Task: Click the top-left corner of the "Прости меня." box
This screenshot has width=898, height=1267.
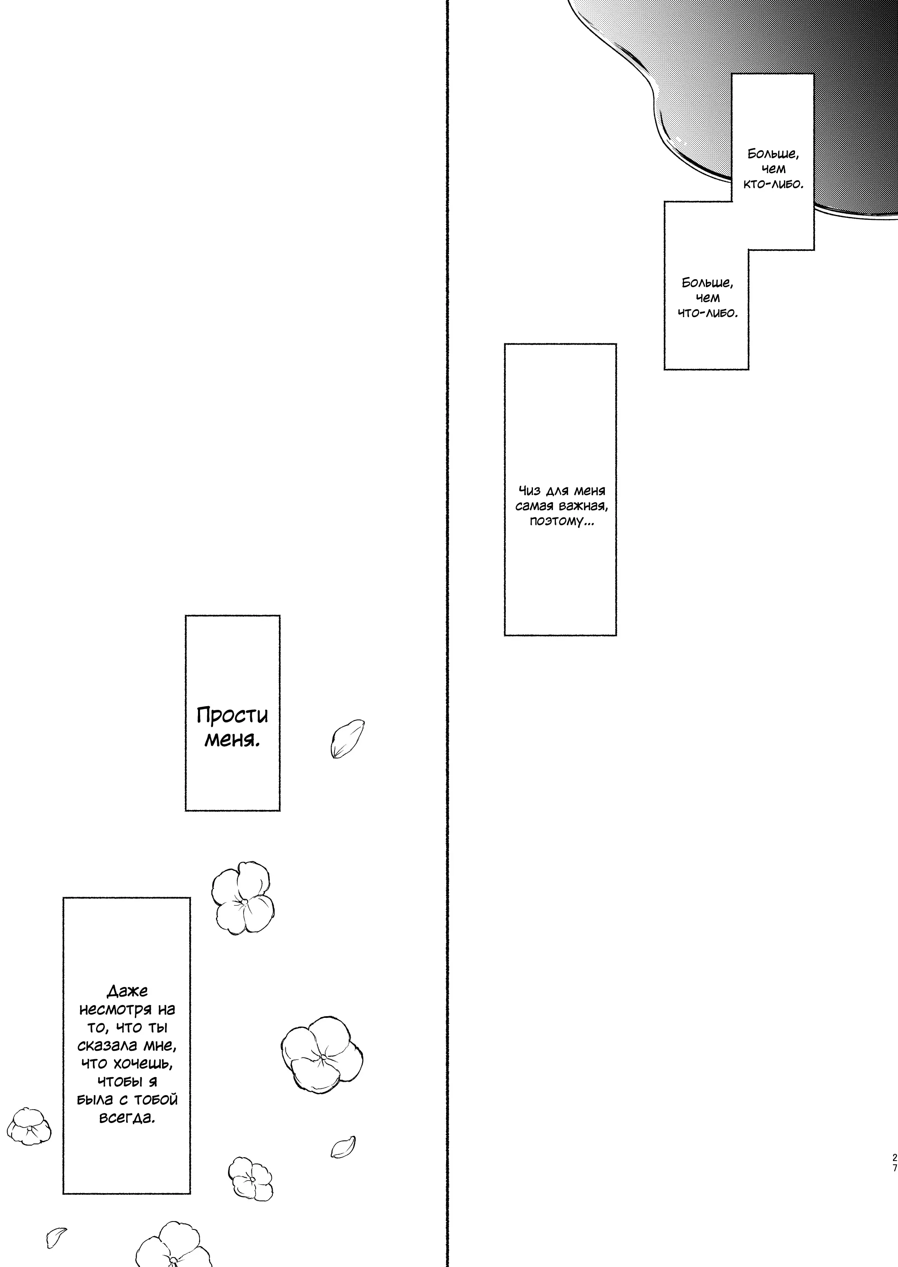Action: coord(185,616)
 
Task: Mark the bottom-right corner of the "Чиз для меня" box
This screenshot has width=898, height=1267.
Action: coord(616,636)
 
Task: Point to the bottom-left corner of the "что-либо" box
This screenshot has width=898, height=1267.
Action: coord(664,369)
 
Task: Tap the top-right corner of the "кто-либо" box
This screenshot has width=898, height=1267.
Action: coord(814,74)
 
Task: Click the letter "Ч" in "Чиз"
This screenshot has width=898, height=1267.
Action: coord(523,491)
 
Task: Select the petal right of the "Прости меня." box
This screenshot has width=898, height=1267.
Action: coord(347,739)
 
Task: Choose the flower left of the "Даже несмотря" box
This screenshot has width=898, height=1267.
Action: coord(29,1126)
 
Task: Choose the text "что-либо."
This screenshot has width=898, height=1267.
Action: coord(707,313)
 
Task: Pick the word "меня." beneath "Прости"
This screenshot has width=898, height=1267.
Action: coord(232,740)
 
